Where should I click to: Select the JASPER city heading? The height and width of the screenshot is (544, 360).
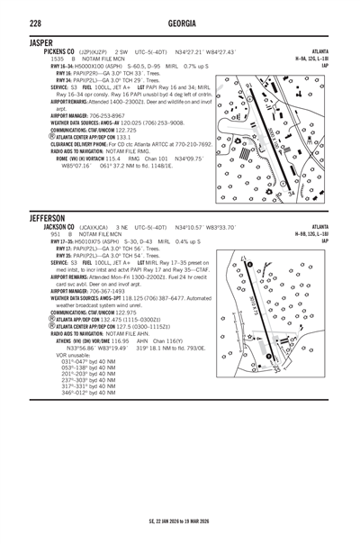40,42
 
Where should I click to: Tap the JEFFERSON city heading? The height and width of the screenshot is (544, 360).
47,219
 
